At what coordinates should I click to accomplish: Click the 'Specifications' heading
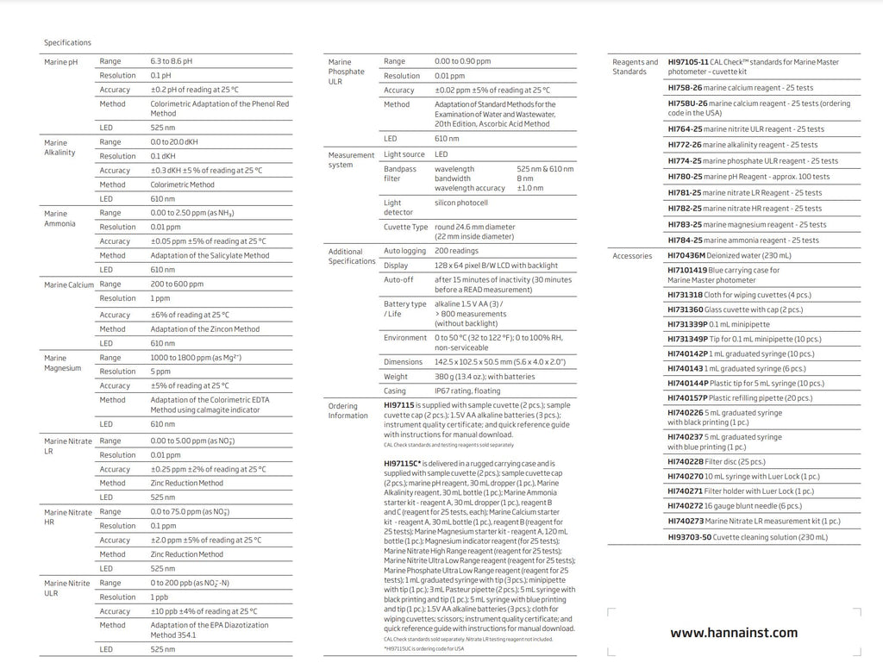point(67,42)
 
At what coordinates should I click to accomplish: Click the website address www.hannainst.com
point(734,633)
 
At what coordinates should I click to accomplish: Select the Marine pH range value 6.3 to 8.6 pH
point(172,61)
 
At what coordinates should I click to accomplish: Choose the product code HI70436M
point(686,255)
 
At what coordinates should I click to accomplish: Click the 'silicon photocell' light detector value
point(460,203)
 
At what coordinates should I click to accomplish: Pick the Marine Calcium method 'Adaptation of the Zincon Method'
point(204,328)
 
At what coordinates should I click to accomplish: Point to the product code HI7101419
point(686,270)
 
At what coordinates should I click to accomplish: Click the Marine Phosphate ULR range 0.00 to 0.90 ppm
point(462,61)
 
